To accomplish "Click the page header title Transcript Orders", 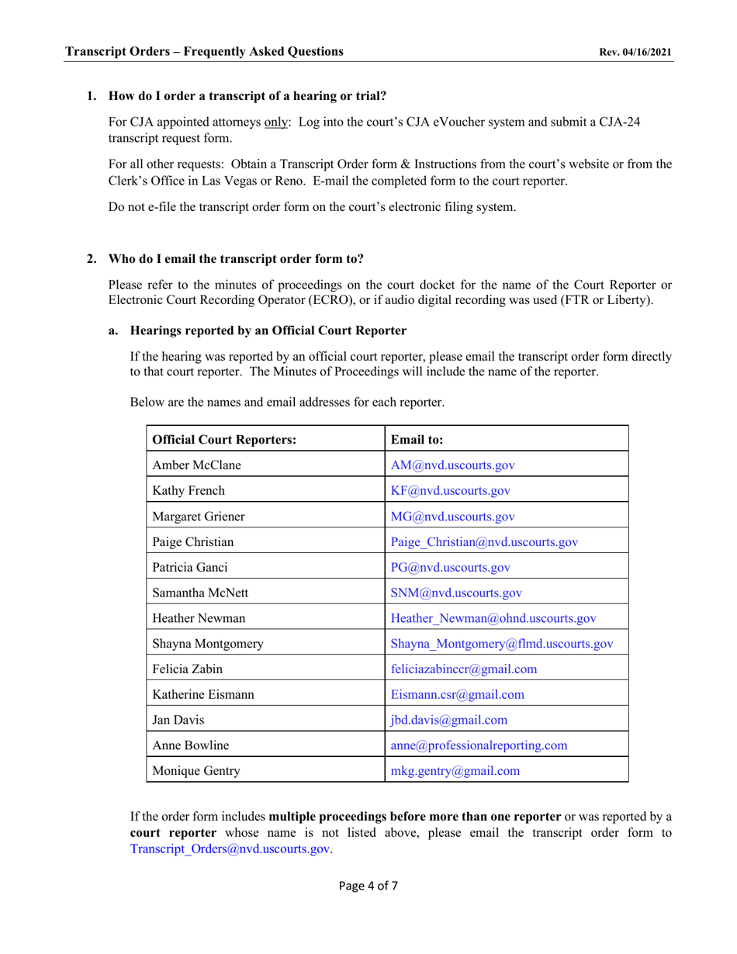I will tap(204, 52).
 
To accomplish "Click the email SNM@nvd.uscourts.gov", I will tap(456, 593).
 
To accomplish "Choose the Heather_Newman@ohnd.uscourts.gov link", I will tap(493, 618).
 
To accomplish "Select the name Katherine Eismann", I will tap(203, 694).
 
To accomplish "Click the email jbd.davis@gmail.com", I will tap(449, 720).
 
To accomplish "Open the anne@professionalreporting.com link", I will tap(479, 745).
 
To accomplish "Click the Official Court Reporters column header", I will tap(224, 439).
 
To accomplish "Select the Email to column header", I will tap(417, 439).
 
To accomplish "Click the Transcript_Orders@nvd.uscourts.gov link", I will tap(230, 849).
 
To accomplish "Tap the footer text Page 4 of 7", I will tap(368, 886).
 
